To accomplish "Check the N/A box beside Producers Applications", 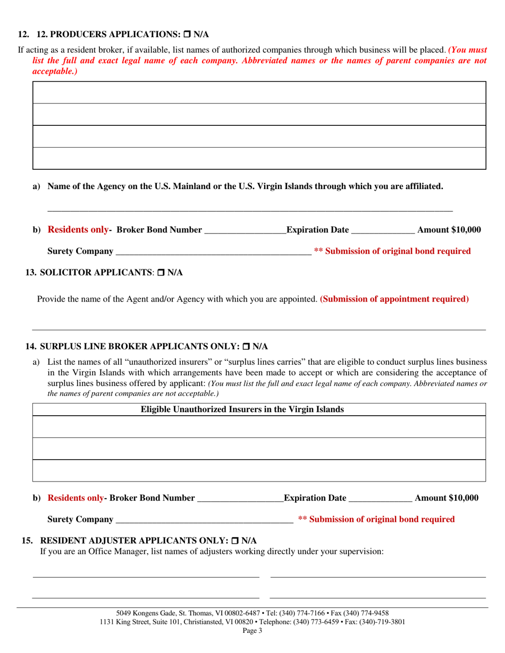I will (x=187, y=35).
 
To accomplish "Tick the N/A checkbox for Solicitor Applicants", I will (x=161, y=273).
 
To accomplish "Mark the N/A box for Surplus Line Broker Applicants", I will (x=246, y=347).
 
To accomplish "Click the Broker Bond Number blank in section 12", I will (x=245, y=230).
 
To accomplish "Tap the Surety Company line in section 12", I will (x=213, y=251).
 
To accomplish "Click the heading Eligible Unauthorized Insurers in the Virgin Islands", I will (x=242, y=409).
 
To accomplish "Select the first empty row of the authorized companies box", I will (x=259, y=93).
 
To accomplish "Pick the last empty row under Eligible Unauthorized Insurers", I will (x=259, y=471).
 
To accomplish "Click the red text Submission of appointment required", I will (x=394, y=299).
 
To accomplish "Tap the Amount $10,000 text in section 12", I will (x=449, y=230).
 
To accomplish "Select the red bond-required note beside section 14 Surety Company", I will (x=376, y=519).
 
